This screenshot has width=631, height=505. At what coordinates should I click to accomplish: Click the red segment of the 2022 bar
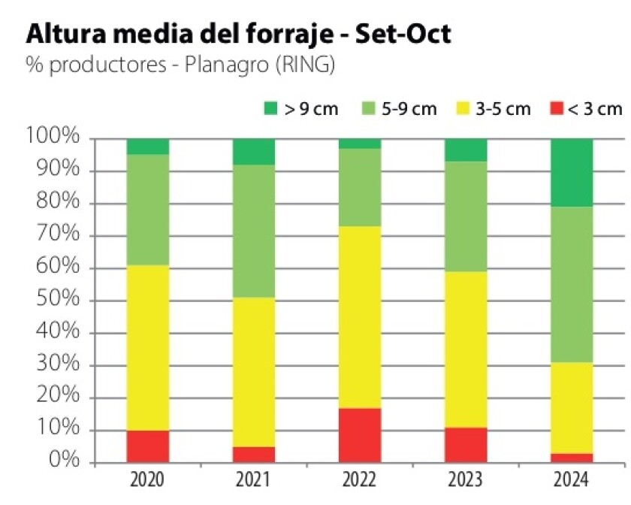pyautogui.click(x=359, y=435)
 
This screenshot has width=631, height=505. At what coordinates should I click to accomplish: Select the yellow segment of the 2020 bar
pyautogui.click(x=147, y=347)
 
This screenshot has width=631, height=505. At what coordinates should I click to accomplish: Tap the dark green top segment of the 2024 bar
pyautogui.click(x=571, y=172)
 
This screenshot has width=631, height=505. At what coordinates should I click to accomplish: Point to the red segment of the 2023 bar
pyautogui.click(x=465, y=445)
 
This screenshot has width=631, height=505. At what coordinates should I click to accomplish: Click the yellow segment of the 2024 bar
pyautogui.click(x=571, y=408)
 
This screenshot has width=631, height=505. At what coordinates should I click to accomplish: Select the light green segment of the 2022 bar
pyautogui.click(x=359, y=187)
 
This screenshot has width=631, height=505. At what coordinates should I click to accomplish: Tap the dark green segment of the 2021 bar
pyautogui.click(x=253, y=152)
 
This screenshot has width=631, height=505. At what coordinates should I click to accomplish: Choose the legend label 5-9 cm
pyautogui.click(x=409, y=109)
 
